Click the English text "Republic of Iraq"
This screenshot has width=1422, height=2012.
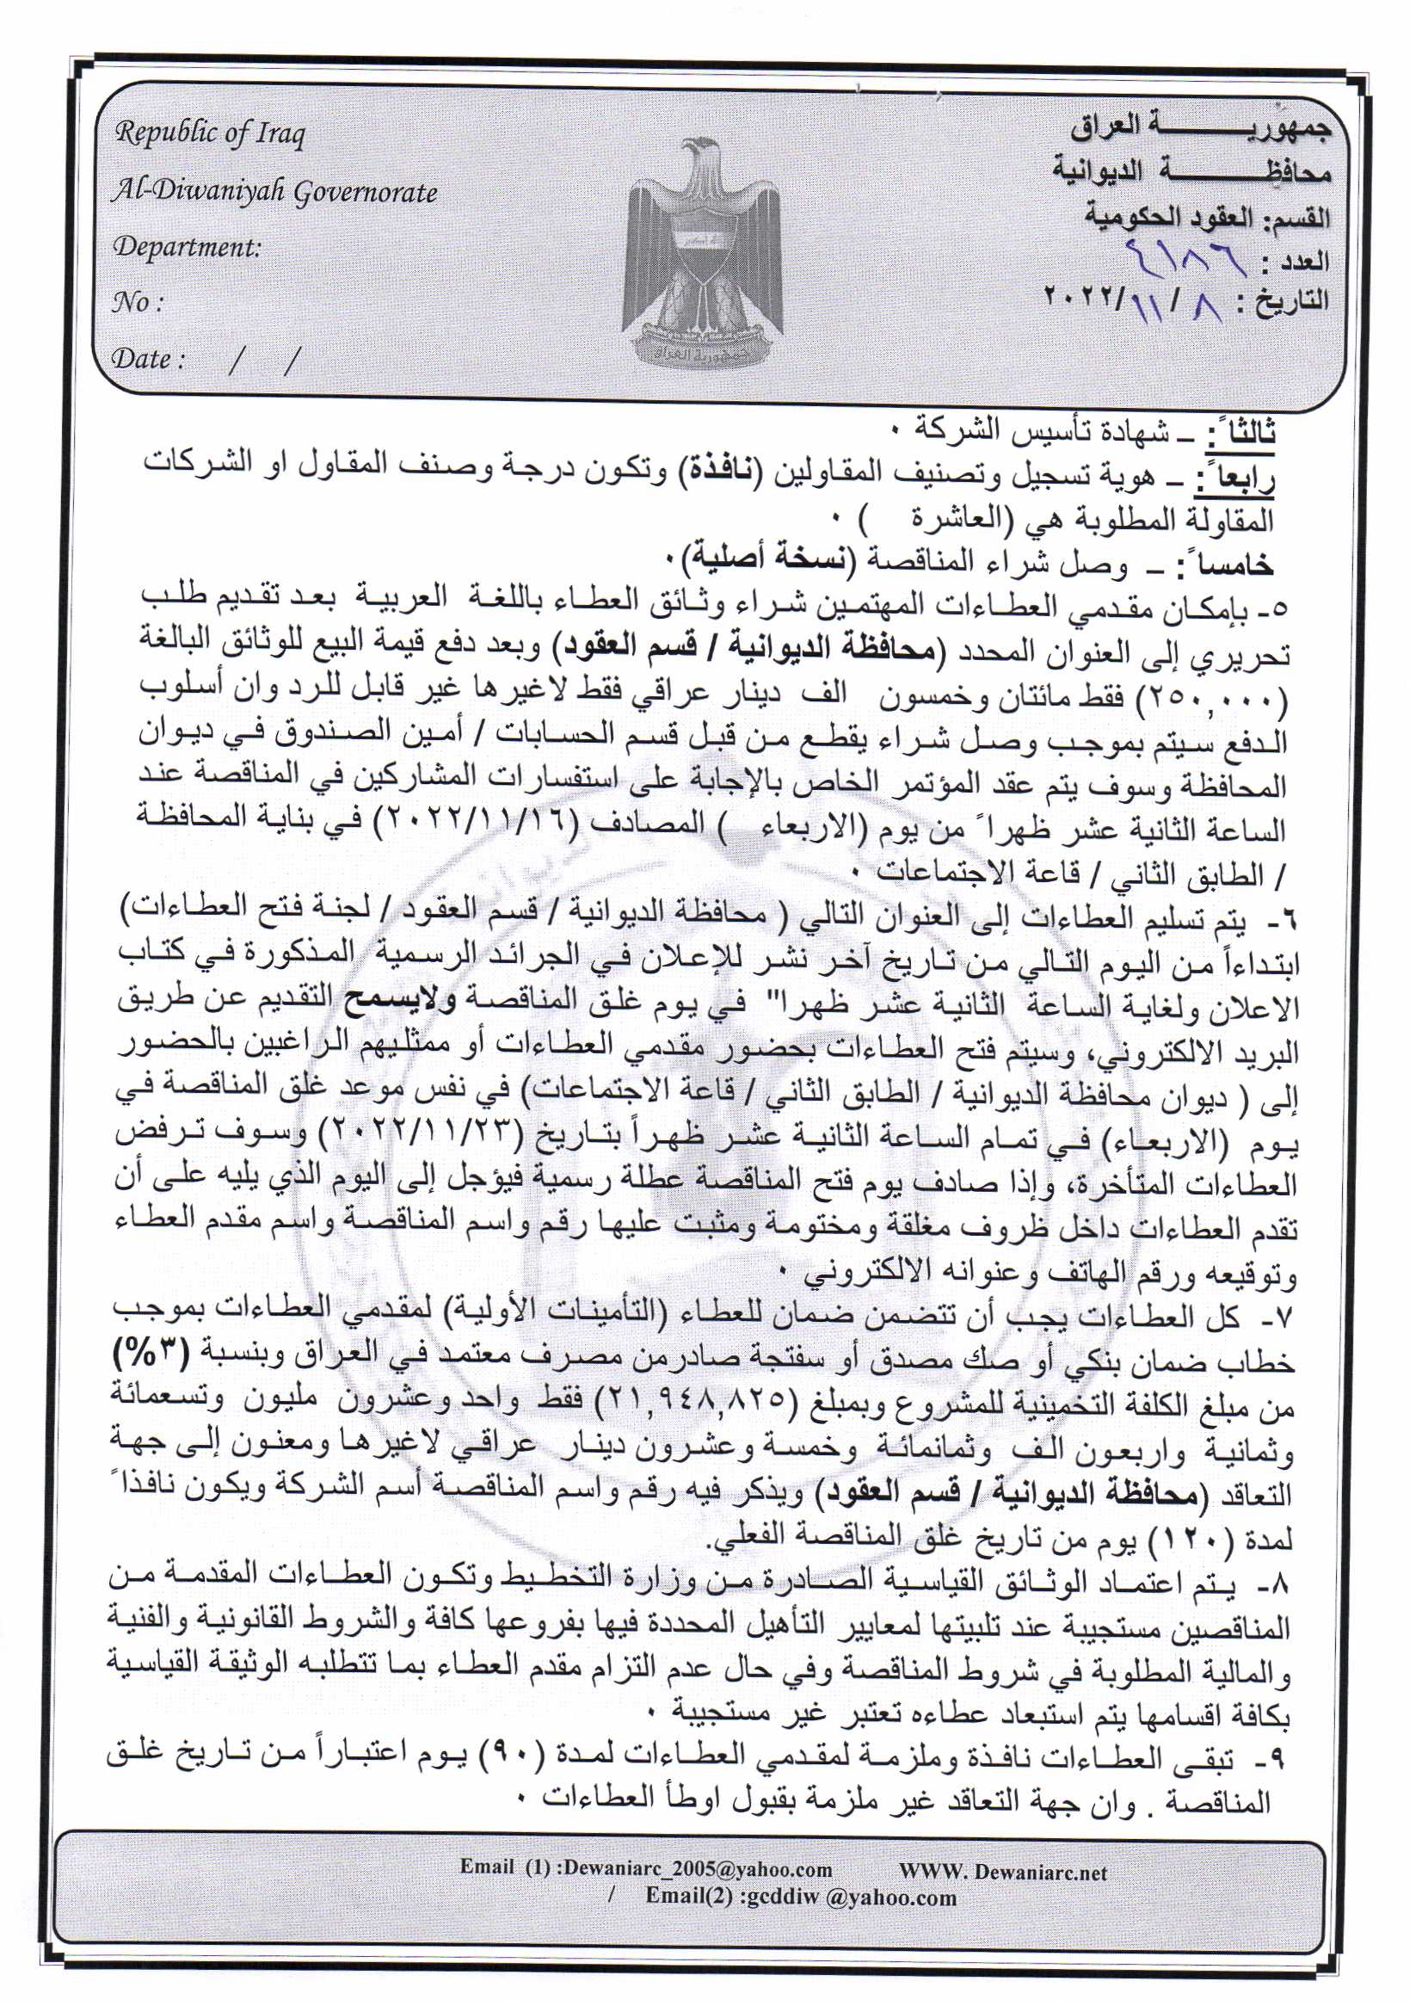209,133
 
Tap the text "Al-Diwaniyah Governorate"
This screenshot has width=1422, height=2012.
274,191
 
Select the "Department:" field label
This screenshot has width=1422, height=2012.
187,247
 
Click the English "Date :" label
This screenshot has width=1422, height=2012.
148,358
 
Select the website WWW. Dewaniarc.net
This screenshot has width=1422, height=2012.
1002,1873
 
